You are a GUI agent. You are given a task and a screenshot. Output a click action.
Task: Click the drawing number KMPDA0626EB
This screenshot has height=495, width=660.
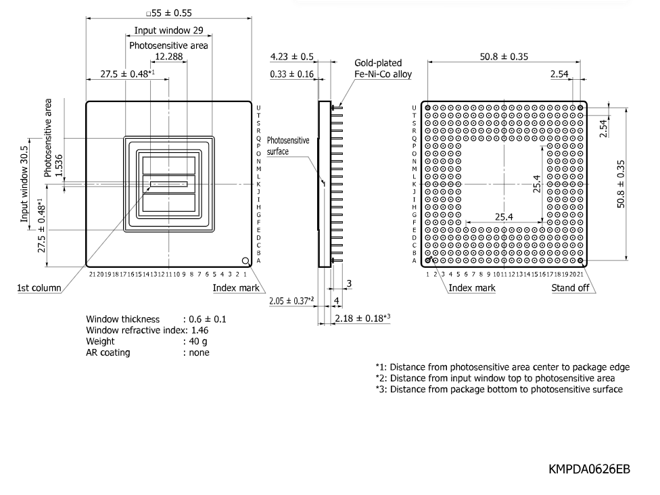pos(589,469)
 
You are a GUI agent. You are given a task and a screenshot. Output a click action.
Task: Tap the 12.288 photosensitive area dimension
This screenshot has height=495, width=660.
pos(169,56)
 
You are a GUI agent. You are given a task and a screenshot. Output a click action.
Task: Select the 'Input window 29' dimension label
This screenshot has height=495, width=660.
pos(169,30)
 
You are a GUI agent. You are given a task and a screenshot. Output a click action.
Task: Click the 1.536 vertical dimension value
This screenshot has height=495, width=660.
pos(59,166)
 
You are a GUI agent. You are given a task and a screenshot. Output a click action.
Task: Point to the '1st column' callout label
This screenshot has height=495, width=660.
pos(39,288)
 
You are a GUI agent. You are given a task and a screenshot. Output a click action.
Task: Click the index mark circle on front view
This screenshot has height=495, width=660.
pos(246,261)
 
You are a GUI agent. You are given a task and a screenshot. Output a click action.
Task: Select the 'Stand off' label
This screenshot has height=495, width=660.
pos(570,288)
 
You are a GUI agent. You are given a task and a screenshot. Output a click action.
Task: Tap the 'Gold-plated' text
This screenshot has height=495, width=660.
pos(378,63)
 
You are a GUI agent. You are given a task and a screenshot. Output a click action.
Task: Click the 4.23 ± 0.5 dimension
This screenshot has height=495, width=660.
pos(291,56)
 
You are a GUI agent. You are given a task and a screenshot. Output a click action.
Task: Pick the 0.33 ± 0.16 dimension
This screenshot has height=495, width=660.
pos(291,74)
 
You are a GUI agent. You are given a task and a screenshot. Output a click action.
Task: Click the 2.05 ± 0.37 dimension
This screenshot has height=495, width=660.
pos(291,301)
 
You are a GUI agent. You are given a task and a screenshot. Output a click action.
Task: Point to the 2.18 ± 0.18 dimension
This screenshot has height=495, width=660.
pos(362,319)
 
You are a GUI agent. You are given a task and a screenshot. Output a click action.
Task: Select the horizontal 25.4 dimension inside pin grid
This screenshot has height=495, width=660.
pos(504,217)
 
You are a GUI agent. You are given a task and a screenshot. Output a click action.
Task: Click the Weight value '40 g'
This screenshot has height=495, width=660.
pos(198,341)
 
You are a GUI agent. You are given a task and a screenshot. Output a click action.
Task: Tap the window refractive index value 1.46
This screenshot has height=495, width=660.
pos(200,331)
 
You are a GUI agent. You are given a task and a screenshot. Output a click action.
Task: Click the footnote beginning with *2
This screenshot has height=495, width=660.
pos(496,379)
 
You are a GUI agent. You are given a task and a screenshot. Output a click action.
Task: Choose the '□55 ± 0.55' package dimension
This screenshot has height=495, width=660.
pos(169,13)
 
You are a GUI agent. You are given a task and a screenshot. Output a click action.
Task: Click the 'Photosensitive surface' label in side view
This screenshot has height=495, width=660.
pos(288,145)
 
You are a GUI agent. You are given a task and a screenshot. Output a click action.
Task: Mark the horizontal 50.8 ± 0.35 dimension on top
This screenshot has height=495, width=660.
pos(504,56)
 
